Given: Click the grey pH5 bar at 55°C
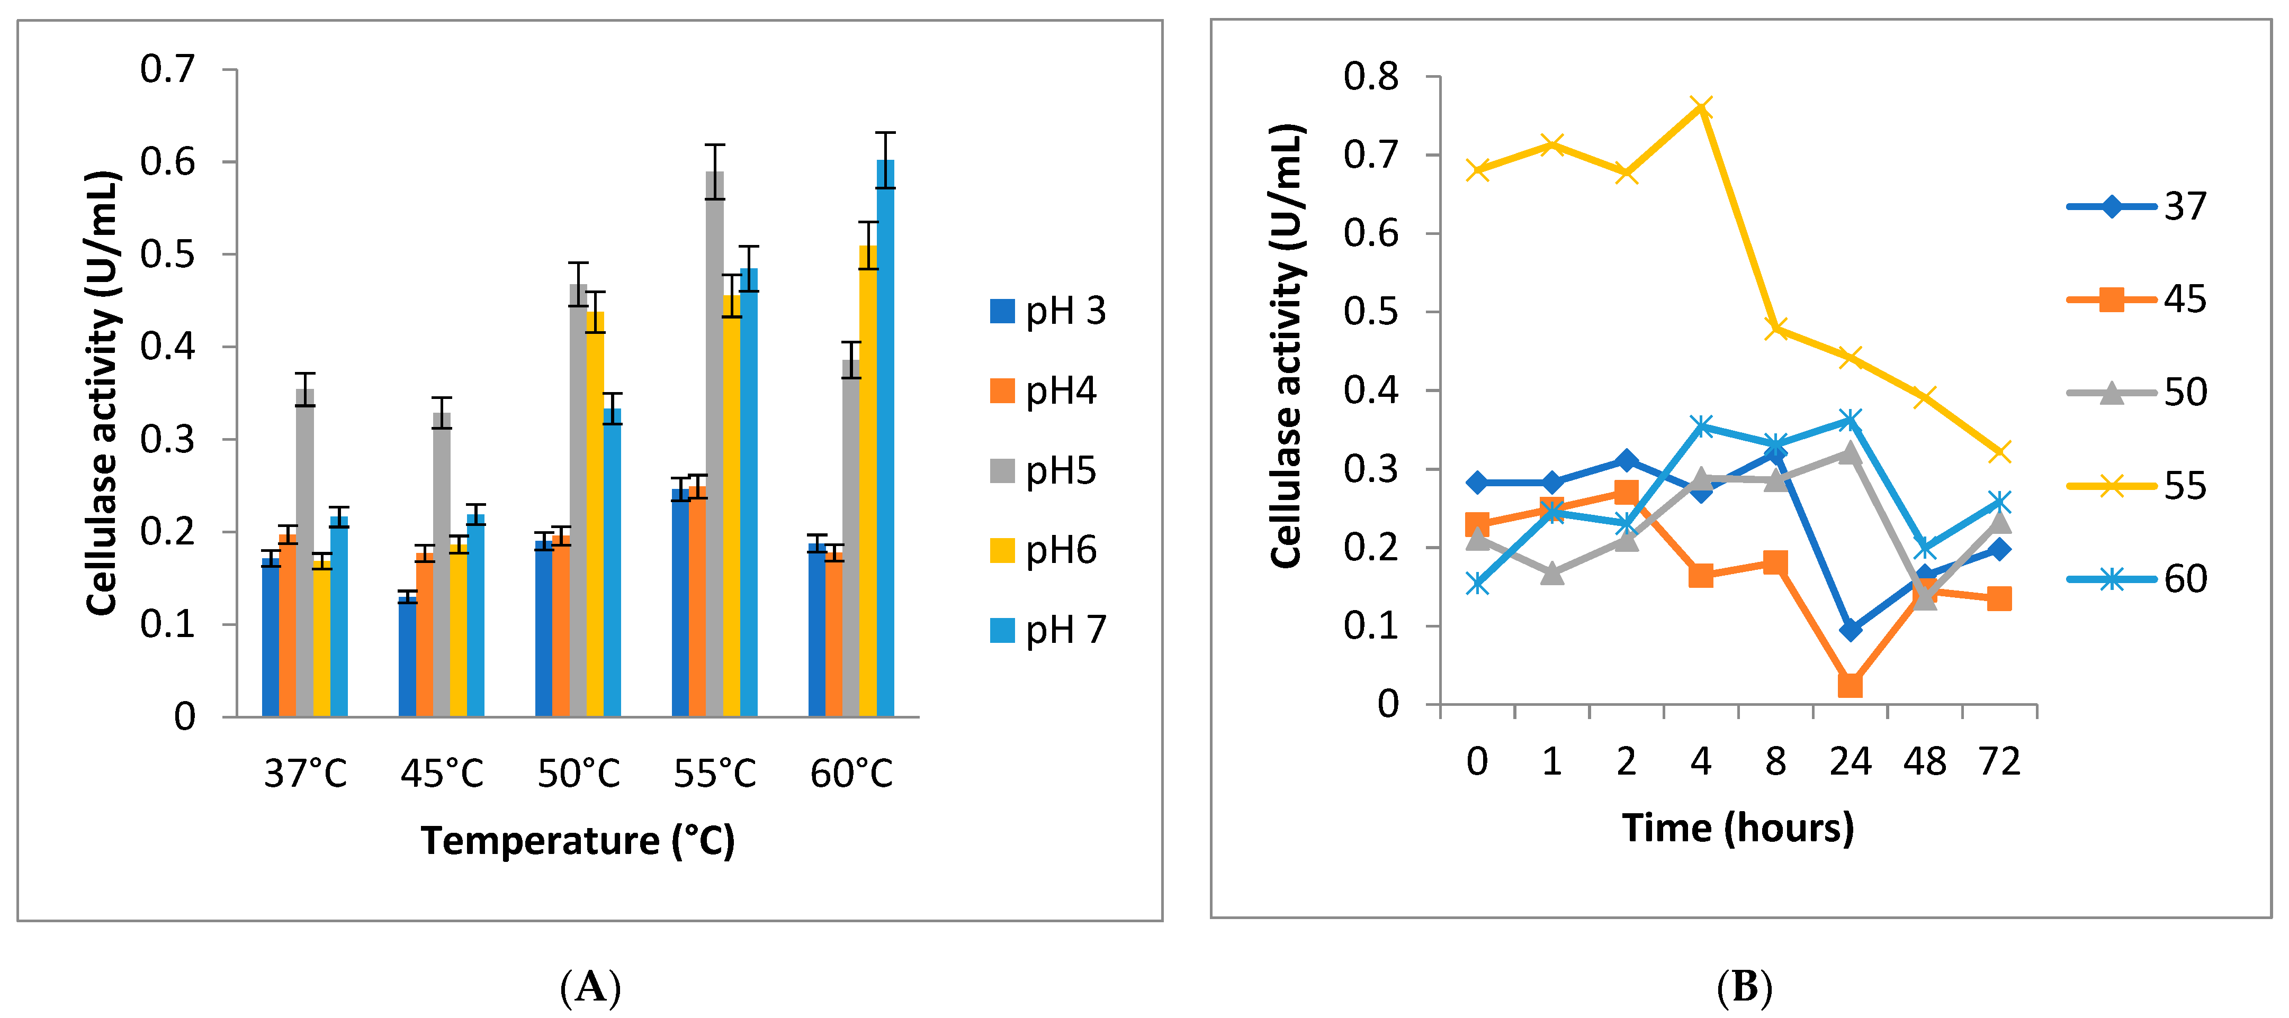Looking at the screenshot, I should [x=714, y=444].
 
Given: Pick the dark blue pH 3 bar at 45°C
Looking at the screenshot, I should [x=407, y=657].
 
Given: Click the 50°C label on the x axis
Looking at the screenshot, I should [x=578, y=774].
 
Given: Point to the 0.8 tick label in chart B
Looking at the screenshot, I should [x=1371, y=77].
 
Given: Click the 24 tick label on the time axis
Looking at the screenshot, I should [x=1850, y=762].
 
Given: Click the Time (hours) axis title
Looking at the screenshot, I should [x=1738, y=828].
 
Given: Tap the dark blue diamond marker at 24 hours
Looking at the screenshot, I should [x=1850, y=630].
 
